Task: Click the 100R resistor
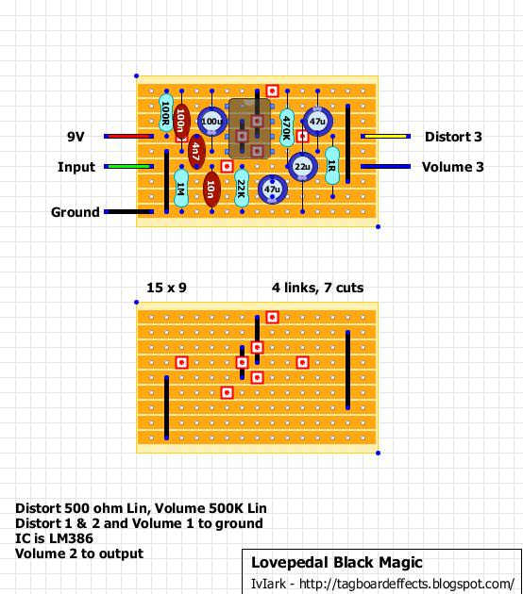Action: pos(166,113)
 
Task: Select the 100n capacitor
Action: pos(181,122)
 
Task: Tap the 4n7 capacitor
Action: pos(196,152)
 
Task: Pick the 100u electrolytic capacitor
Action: pos(212,122)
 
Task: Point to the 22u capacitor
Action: pos(302,167)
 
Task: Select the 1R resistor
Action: pos(332,166)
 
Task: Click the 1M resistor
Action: pos(181,189)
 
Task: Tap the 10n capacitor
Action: pos(211,190)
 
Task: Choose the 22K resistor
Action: pos(242,189)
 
